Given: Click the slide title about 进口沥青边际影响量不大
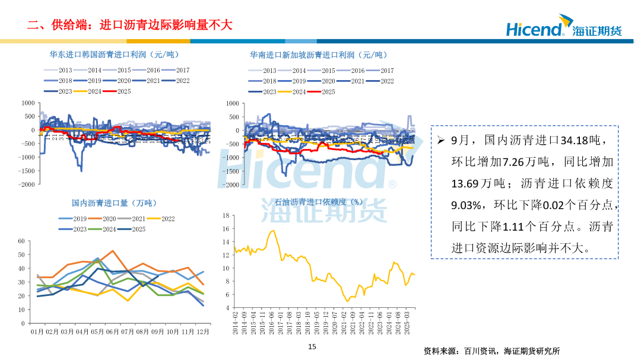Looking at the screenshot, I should [129, 24].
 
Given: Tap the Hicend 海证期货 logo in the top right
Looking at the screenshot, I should [563, 28].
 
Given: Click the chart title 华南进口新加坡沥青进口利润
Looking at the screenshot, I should [318, 55].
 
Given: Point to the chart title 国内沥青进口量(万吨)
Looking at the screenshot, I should [114, 203].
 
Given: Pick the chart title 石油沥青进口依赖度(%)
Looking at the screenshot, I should [311, 203].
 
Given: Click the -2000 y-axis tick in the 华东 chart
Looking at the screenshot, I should [26, 184].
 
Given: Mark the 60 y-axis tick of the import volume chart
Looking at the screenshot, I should [21, 241].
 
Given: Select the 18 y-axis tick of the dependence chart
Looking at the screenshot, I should [226, 215].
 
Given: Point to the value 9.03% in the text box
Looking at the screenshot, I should [465, 205].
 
